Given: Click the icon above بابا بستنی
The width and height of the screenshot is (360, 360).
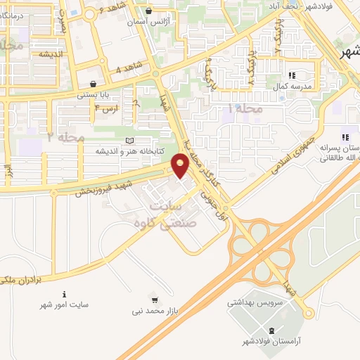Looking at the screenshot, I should (x=93, y=84).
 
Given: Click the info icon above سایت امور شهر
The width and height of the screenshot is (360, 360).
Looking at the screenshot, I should (x=65, y=294).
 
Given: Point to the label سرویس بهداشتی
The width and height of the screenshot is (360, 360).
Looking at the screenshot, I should (x=255, y=303).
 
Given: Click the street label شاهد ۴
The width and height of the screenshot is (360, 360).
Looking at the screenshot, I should (x=127, y=67).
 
